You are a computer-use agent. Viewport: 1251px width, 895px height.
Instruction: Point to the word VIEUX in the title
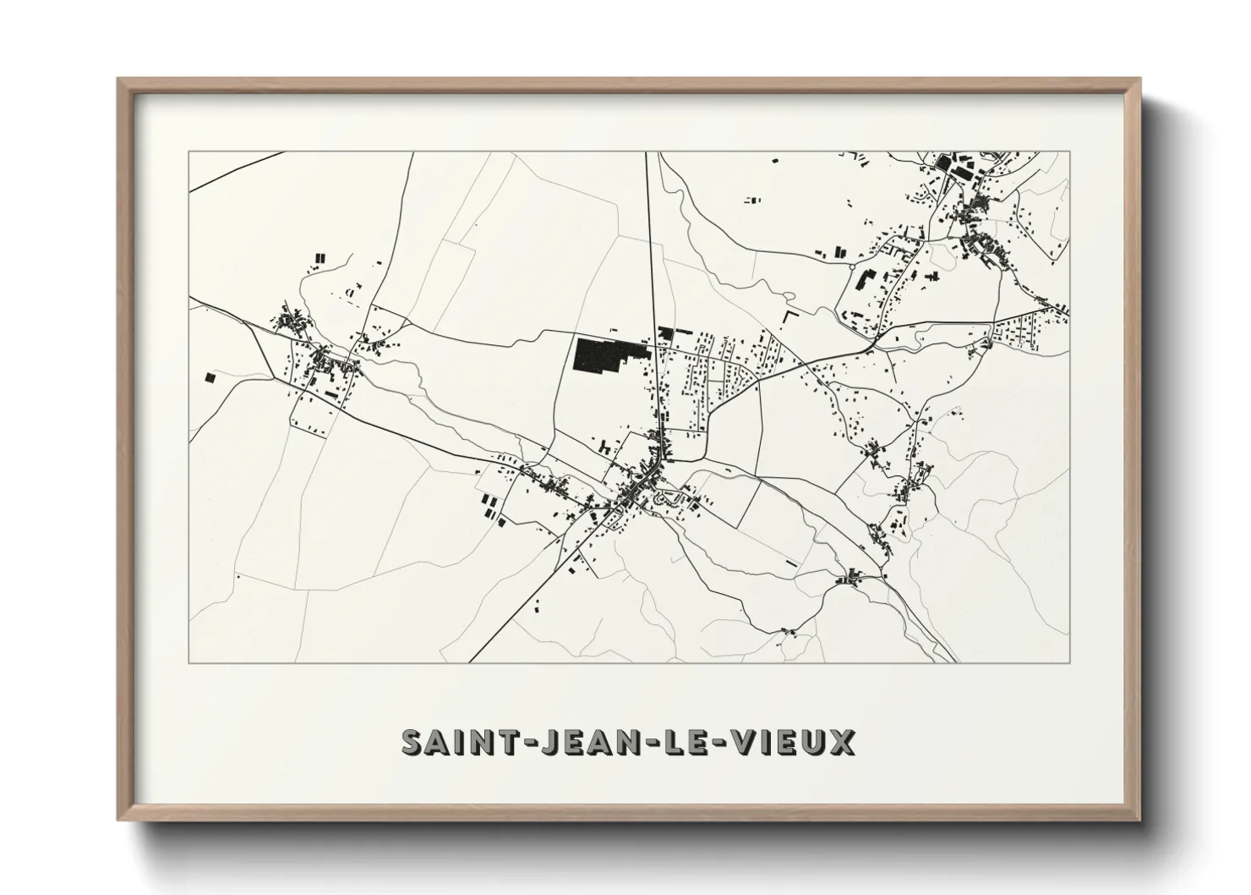[x=791, y=743]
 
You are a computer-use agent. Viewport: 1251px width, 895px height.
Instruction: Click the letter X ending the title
[x=842, y=743]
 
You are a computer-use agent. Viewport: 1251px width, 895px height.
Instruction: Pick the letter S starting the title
[x=412, y=743]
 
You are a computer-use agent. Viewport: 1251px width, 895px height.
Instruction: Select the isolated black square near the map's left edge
[x=208, y=378]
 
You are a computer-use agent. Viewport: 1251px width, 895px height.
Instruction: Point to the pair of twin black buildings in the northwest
[x=320, y=257]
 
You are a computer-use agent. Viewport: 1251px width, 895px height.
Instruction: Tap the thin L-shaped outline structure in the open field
[x=790, y=316]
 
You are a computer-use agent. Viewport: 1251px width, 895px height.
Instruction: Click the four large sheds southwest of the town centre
[x=489, y=508]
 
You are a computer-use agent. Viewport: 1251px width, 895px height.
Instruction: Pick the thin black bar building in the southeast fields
[x=791, y=562]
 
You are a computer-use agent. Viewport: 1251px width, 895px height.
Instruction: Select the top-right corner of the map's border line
[x=1069, y=152]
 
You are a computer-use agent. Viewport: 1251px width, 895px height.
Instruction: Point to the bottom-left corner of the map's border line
[x=188, y=662]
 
